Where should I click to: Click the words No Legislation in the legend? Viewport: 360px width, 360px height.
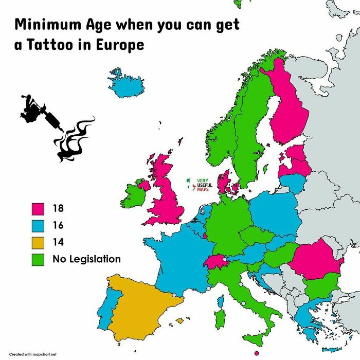point(86,259)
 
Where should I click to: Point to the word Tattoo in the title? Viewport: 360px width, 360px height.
point(54,45)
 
